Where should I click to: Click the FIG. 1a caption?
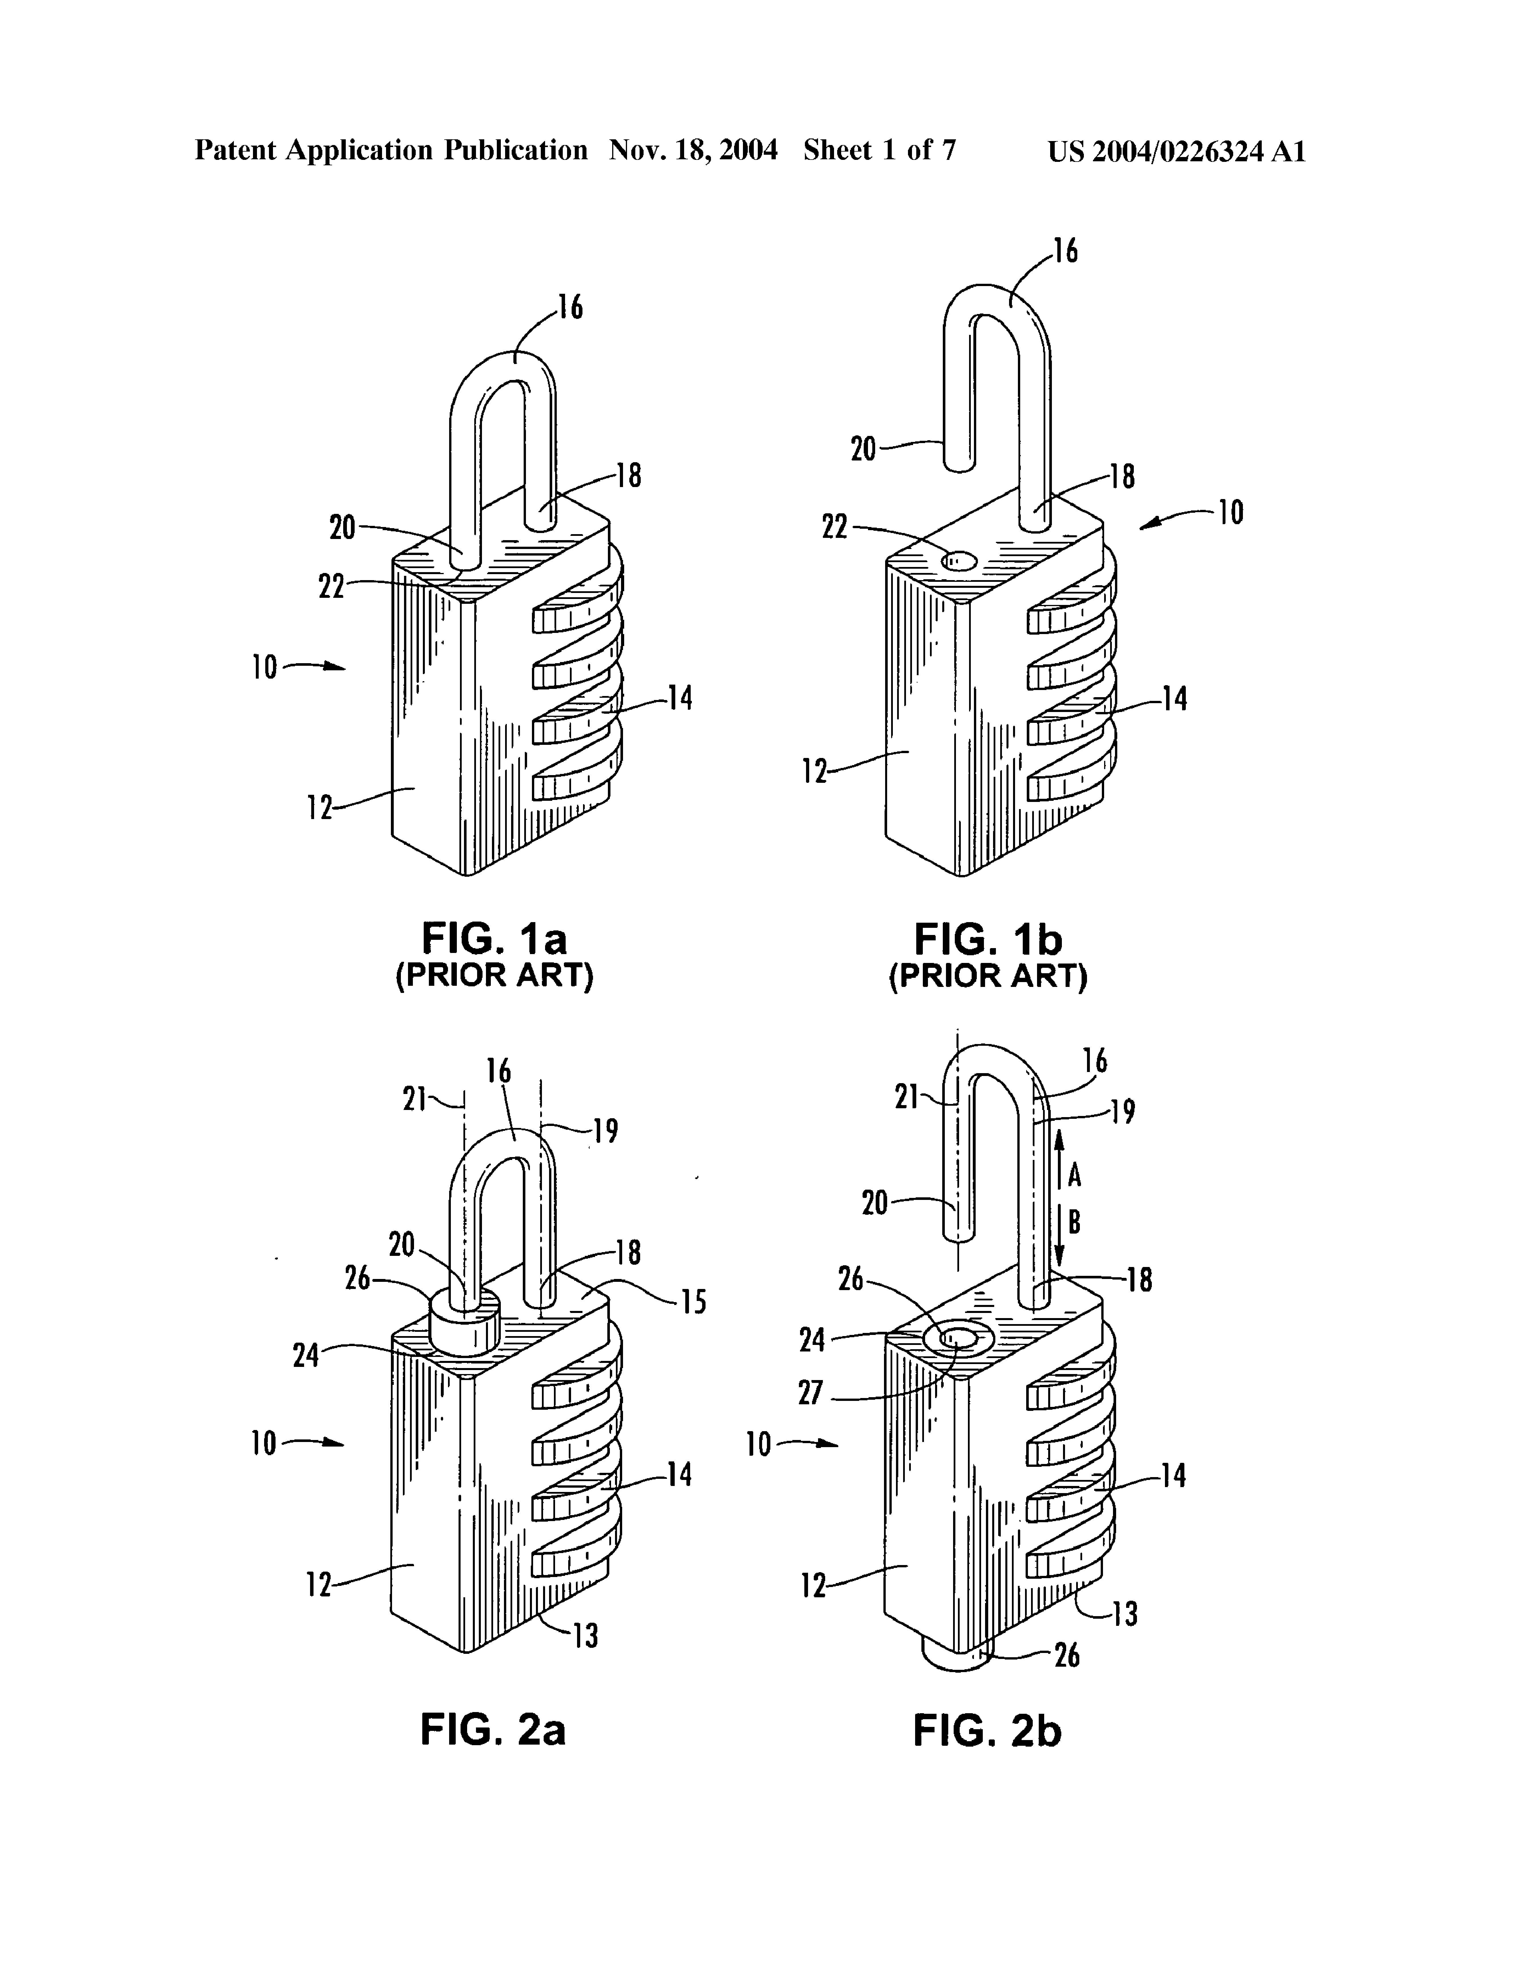(495, 939)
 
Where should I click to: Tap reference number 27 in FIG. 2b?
(811, 1393)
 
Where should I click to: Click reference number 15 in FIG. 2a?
(693, 1302)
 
